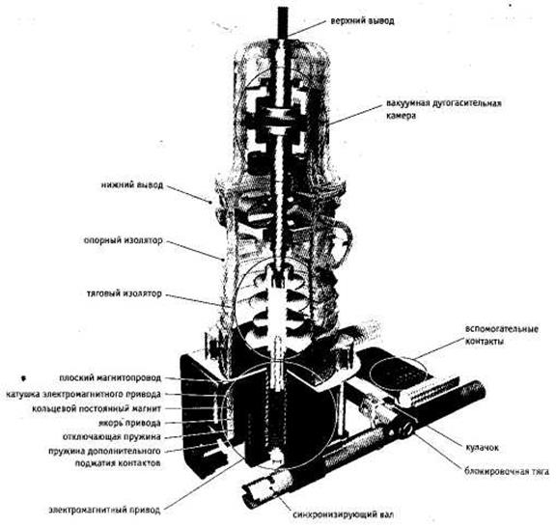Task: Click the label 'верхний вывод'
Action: tap(362, 21)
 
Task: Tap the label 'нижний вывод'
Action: tap(132, 185)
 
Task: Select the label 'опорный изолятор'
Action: tap(123, 240)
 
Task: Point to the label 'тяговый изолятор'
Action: tap(125, 293)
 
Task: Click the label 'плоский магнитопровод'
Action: tap(110, 378)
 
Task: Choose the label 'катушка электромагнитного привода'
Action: tap(83, 394)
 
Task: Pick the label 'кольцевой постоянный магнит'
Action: tap(97, 408)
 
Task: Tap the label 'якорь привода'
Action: tap(129, 423)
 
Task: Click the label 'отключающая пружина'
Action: tap(112, 437)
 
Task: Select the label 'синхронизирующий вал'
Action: tap(344, 514)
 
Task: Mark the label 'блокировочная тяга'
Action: tap(507, 472)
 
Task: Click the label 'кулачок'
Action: tap(482, 448)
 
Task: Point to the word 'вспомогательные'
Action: tap(502, 329)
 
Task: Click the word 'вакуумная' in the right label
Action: tap(407, 103)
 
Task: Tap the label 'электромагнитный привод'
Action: tap(104, 511)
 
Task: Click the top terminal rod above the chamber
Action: tap(284, 22)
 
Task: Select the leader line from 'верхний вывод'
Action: tap(306, 28)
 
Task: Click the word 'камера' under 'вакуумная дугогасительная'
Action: tap(401, 116)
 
